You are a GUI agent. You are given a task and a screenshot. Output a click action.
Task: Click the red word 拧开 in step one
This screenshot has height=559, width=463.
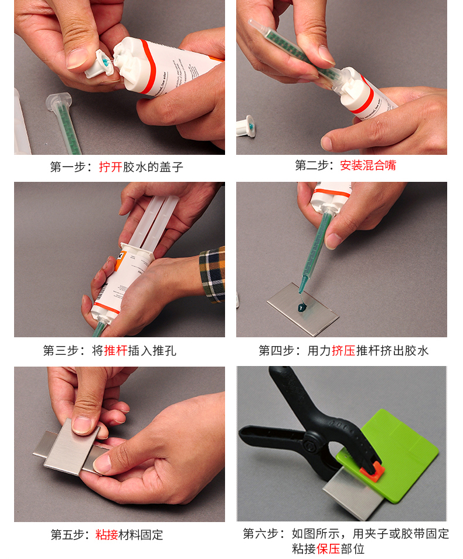110,167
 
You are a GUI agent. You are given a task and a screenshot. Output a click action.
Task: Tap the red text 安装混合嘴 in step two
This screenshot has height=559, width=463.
368,165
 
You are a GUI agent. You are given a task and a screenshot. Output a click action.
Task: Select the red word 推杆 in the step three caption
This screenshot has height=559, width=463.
116,351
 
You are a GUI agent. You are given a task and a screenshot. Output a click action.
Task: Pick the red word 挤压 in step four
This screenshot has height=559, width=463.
343,351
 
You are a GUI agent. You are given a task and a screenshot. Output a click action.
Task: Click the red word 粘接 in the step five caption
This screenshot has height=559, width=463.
107,535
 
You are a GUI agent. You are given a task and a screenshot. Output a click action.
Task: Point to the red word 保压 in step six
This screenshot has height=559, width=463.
328,548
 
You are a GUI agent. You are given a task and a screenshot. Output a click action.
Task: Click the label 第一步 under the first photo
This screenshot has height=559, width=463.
67,167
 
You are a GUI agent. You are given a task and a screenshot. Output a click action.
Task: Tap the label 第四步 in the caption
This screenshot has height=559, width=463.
277,351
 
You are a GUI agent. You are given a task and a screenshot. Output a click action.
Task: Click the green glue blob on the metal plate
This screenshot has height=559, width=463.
302,307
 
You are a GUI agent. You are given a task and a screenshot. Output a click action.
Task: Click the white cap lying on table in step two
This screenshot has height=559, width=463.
246,126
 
